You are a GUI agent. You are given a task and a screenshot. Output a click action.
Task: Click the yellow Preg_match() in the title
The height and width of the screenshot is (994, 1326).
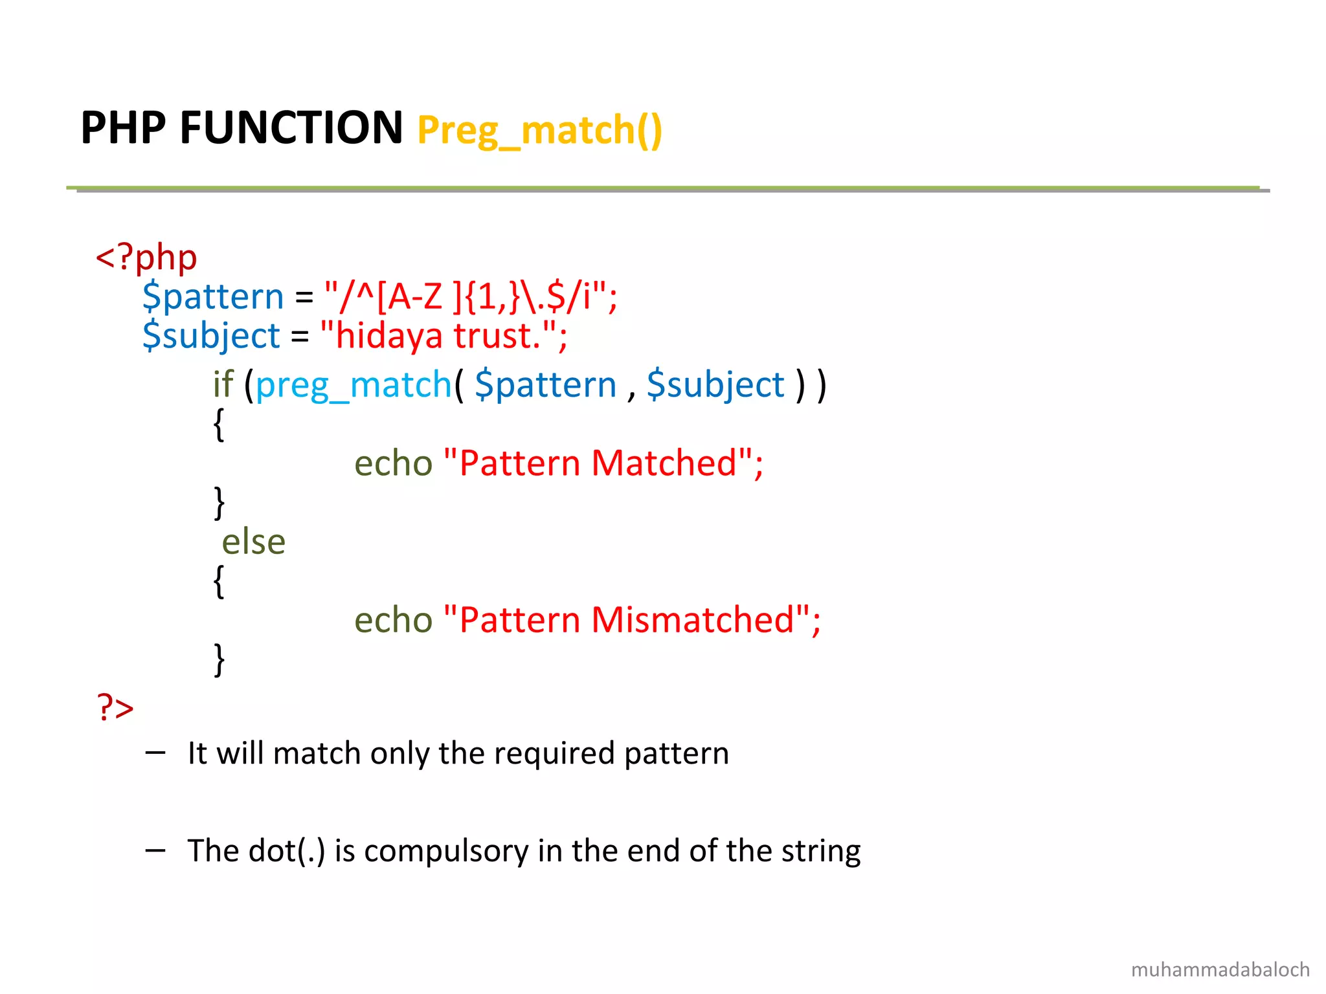click(539, 130)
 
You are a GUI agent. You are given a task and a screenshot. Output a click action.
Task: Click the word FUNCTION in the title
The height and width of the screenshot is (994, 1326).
click(291, 127)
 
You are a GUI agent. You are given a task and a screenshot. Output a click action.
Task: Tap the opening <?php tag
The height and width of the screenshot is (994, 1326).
click(146, 258)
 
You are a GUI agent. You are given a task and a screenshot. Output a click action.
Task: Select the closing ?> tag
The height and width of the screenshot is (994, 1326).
click(115, 707)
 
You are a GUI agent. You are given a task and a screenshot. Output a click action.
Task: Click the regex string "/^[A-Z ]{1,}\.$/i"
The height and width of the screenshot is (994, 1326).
click(470, 296)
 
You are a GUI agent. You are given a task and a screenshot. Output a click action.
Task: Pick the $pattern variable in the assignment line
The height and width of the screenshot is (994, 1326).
click(213, 296)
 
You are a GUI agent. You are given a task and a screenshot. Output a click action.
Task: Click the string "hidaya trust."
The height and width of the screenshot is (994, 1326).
click(443, 336)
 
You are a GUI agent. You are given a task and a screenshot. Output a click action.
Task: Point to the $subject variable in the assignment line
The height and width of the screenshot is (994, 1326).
click(211, 336)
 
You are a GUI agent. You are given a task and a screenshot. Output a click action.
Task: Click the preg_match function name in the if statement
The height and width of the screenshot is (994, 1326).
click(354, 385)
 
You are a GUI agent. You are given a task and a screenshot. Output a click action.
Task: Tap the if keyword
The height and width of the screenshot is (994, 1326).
click(223, 385)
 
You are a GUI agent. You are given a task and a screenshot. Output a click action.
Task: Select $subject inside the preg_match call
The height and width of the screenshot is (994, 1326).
click(715, 385)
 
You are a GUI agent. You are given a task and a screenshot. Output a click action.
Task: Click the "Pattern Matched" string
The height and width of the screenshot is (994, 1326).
click(603, 463)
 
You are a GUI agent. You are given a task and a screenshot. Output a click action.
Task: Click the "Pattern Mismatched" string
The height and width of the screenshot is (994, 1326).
click(632, 620)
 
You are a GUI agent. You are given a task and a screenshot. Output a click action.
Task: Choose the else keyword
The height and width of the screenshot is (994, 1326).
click(253, 542)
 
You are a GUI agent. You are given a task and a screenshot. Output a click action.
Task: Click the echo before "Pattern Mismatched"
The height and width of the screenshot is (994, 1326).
click(393, 620)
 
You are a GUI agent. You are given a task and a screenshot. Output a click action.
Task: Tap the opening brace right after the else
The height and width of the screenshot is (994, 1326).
click(219, 581)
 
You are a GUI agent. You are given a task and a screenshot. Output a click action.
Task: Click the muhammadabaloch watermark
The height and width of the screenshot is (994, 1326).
click(1220, 969)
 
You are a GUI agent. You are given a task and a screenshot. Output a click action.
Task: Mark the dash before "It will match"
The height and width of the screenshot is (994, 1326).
click(155, 753)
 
